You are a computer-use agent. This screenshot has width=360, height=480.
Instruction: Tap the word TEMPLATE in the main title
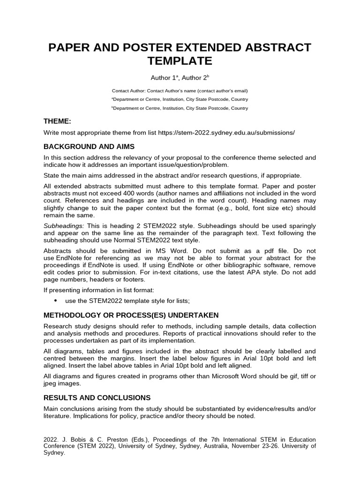(180, 61)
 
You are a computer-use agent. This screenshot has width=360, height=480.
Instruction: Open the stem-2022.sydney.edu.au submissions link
(226, 133)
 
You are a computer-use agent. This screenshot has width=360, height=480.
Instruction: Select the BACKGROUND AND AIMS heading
(89, 146)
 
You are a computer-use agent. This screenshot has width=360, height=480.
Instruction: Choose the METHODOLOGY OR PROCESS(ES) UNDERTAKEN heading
(131, 315)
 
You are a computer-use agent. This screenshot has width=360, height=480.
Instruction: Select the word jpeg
(50, 383)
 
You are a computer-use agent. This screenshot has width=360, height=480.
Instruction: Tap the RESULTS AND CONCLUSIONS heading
(97, 397)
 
